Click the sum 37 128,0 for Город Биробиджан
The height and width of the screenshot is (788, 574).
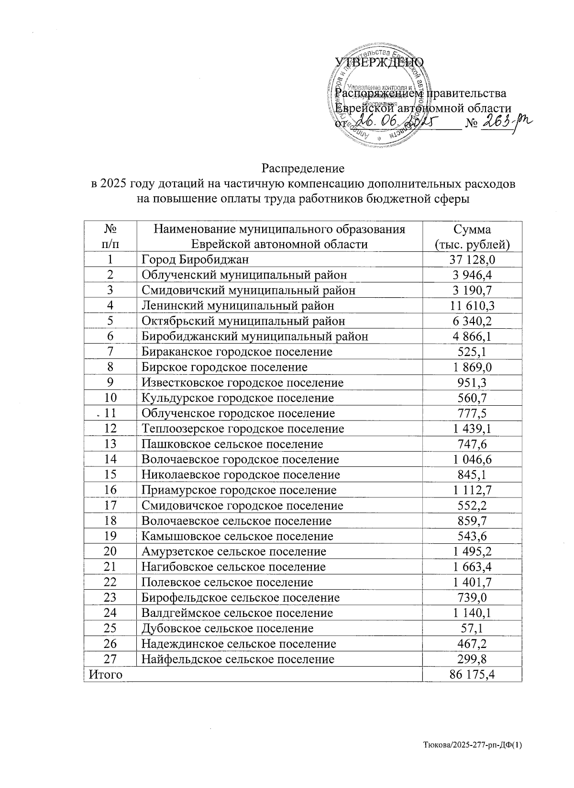coord(472,259)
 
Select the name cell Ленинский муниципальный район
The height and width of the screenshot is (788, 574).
coord(238,305)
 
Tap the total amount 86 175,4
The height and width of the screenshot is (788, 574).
coord(472,674)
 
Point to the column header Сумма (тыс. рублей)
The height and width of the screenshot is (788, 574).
coord(472,237)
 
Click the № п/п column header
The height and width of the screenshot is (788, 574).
coord(110,237)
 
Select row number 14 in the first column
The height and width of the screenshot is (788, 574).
coord(110,459)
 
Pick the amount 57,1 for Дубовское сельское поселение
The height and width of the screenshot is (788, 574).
coord(472,628)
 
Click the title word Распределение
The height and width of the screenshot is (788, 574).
coord(303,169)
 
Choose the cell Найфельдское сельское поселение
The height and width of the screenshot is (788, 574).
coord(238,659)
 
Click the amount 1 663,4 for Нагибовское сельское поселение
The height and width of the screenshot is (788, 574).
coord(472,567)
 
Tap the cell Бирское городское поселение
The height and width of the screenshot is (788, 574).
coord(224,367)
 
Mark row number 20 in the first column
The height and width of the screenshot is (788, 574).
coord(110,551)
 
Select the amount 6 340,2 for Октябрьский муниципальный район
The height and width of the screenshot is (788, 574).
coord(472,321)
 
